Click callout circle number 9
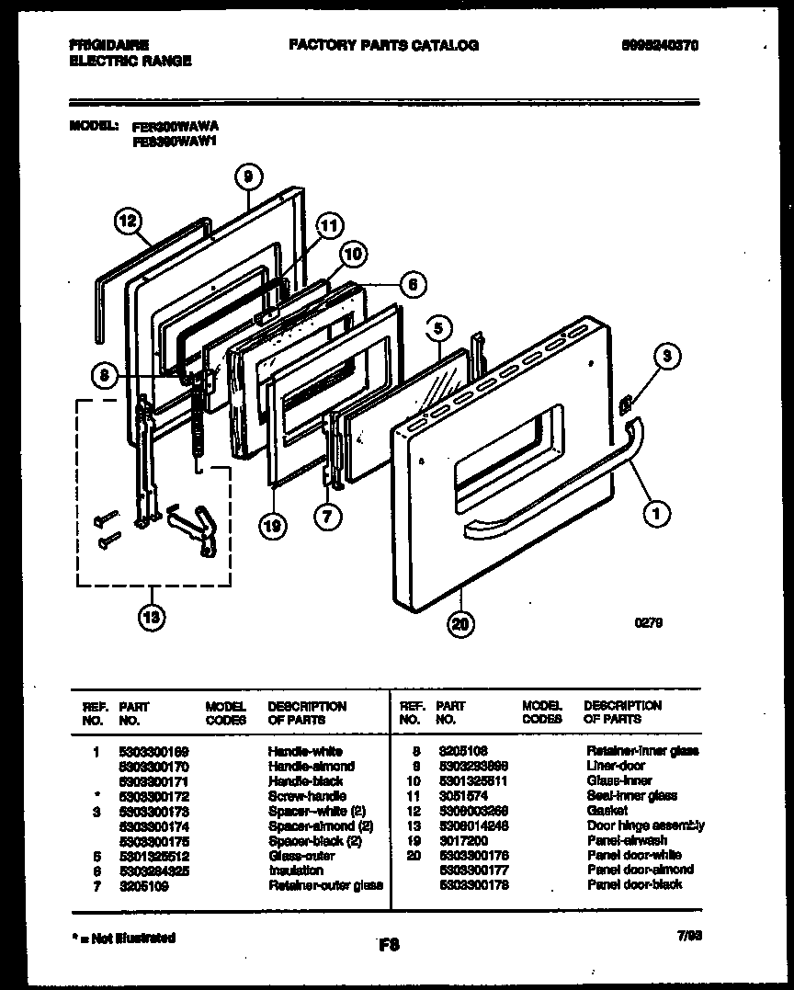point(247,176)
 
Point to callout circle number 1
point(655,516)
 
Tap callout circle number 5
point(439,326)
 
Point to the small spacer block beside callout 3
point(626,402)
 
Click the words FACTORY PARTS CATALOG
point(383,45)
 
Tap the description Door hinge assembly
point(645,825)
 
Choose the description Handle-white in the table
point(304,751)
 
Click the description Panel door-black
point(634,884)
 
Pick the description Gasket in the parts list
point(607,811)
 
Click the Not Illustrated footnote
point(123,939)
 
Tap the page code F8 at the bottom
point(388,943)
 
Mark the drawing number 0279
point(648,622)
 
